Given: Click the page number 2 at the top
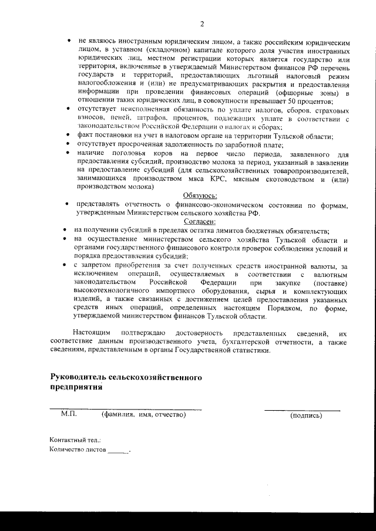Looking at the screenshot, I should pyautogui.click(x=202, y=24).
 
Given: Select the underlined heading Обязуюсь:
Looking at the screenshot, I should pyautogui.click(x=201, y=195).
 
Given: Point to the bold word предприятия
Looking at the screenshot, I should pyautogui.click(x=76, y=387).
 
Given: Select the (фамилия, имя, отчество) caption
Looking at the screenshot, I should pyautogui.click(x=144, y=415).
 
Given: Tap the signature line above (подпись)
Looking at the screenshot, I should pyautogui.click(x=302, y=409).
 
